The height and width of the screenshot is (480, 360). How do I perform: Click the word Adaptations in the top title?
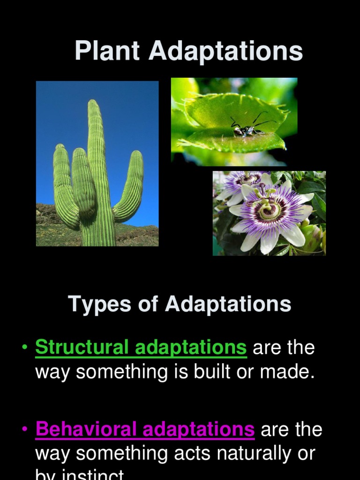point(225,51)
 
